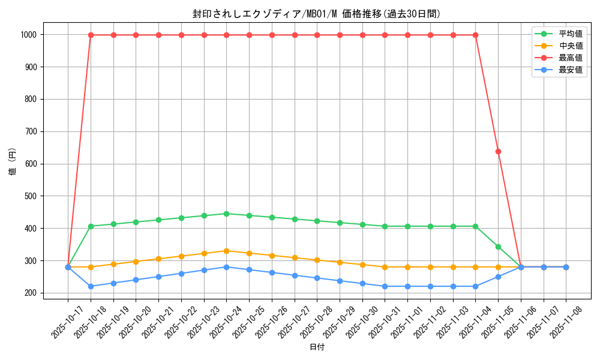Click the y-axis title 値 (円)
[x=12, y=163]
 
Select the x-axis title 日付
[x=317, y=347]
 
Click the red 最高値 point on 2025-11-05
[x=498, y=151]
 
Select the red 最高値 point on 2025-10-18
[x=91, y=35]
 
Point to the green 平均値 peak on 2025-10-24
[x=226, y=214]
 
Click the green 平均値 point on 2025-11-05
[x=498, y=247]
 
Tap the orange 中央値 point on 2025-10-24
[x=226, y=251]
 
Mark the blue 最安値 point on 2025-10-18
[x=91, y=286]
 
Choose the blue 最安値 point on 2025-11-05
[x=498, y=277]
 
